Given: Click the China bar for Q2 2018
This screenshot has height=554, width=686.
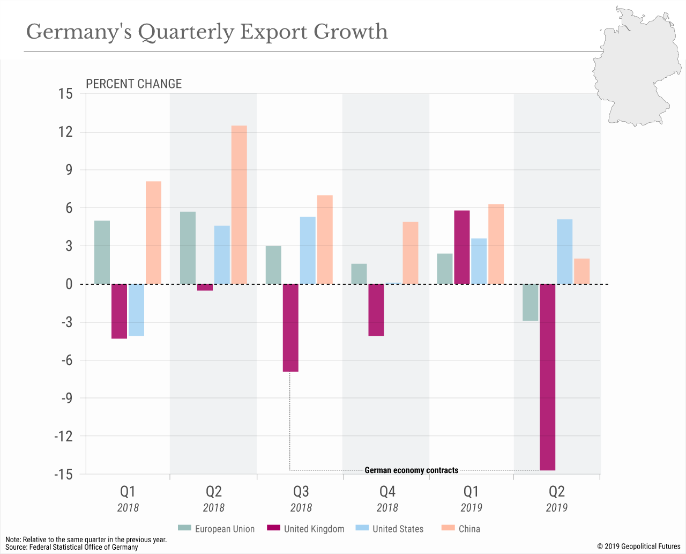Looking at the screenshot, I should pyautogui.click(x=239, y=204).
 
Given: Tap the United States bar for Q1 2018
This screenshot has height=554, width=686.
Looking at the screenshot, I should pyautogui.click(x=136, y=310).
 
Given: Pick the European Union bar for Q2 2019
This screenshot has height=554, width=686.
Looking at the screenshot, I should pyautogui.click(x=530, y=302).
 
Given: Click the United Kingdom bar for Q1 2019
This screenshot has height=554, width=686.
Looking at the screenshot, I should pyautogui.click(x=461, y=247).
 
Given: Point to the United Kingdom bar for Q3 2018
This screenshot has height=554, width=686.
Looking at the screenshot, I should pyautogui.click(x=290, y=328).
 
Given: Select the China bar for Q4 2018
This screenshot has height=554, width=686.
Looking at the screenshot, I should pyautogui.click(x=410, y=253).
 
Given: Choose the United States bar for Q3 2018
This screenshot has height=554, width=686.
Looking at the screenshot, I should pyautogui.click(x=308, y=250).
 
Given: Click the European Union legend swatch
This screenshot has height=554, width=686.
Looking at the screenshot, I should pyautogui.click(x=184, y=528).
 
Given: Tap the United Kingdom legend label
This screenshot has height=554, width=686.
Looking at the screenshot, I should pyautogui.click(x=314, y=529).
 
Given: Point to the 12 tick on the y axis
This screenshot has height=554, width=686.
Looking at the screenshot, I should pyautogui.click(x=65, y=132).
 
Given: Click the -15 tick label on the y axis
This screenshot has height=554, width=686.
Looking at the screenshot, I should pyautogui.click(x=63, y=474).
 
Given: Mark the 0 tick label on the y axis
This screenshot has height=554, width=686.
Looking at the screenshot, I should pyautogui.click(x=69, y=284).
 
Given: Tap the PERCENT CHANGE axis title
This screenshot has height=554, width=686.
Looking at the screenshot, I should pyautogui.click(x=134, y=84).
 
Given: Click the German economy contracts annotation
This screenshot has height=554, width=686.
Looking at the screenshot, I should pyautogui.click(x=411, y=470).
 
